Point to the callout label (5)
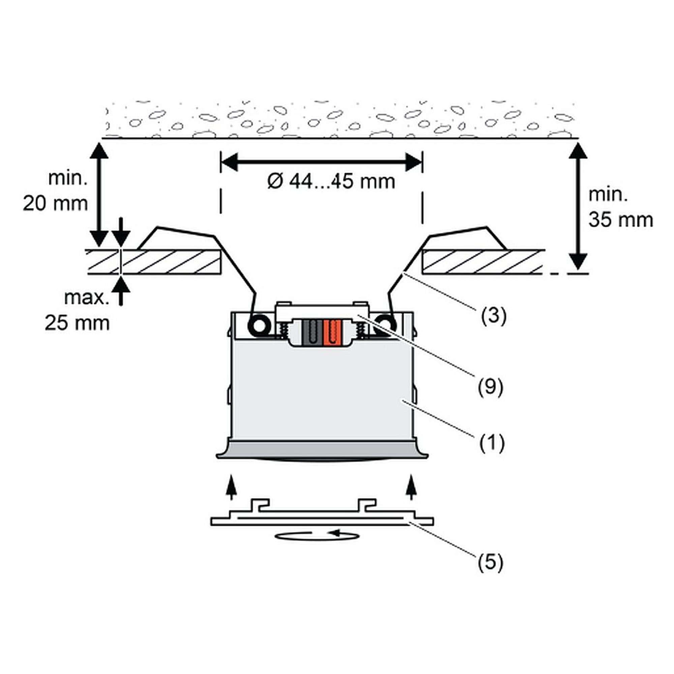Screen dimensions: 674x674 pos(490,563)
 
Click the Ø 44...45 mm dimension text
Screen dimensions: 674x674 pos(331,182)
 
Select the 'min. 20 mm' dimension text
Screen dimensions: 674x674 pos(56,191)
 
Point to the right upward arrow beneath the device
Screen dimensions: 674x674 pos(412,487)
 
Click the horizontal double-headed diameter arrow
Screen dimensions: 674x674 pos(321,162)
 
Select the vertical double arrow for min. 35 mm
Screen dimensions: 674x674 pos(578,206)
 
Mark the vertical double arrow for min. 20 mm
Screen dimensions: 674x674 pos(99,195)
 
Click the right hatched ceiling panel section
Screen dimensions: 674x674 pos(484,262)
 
